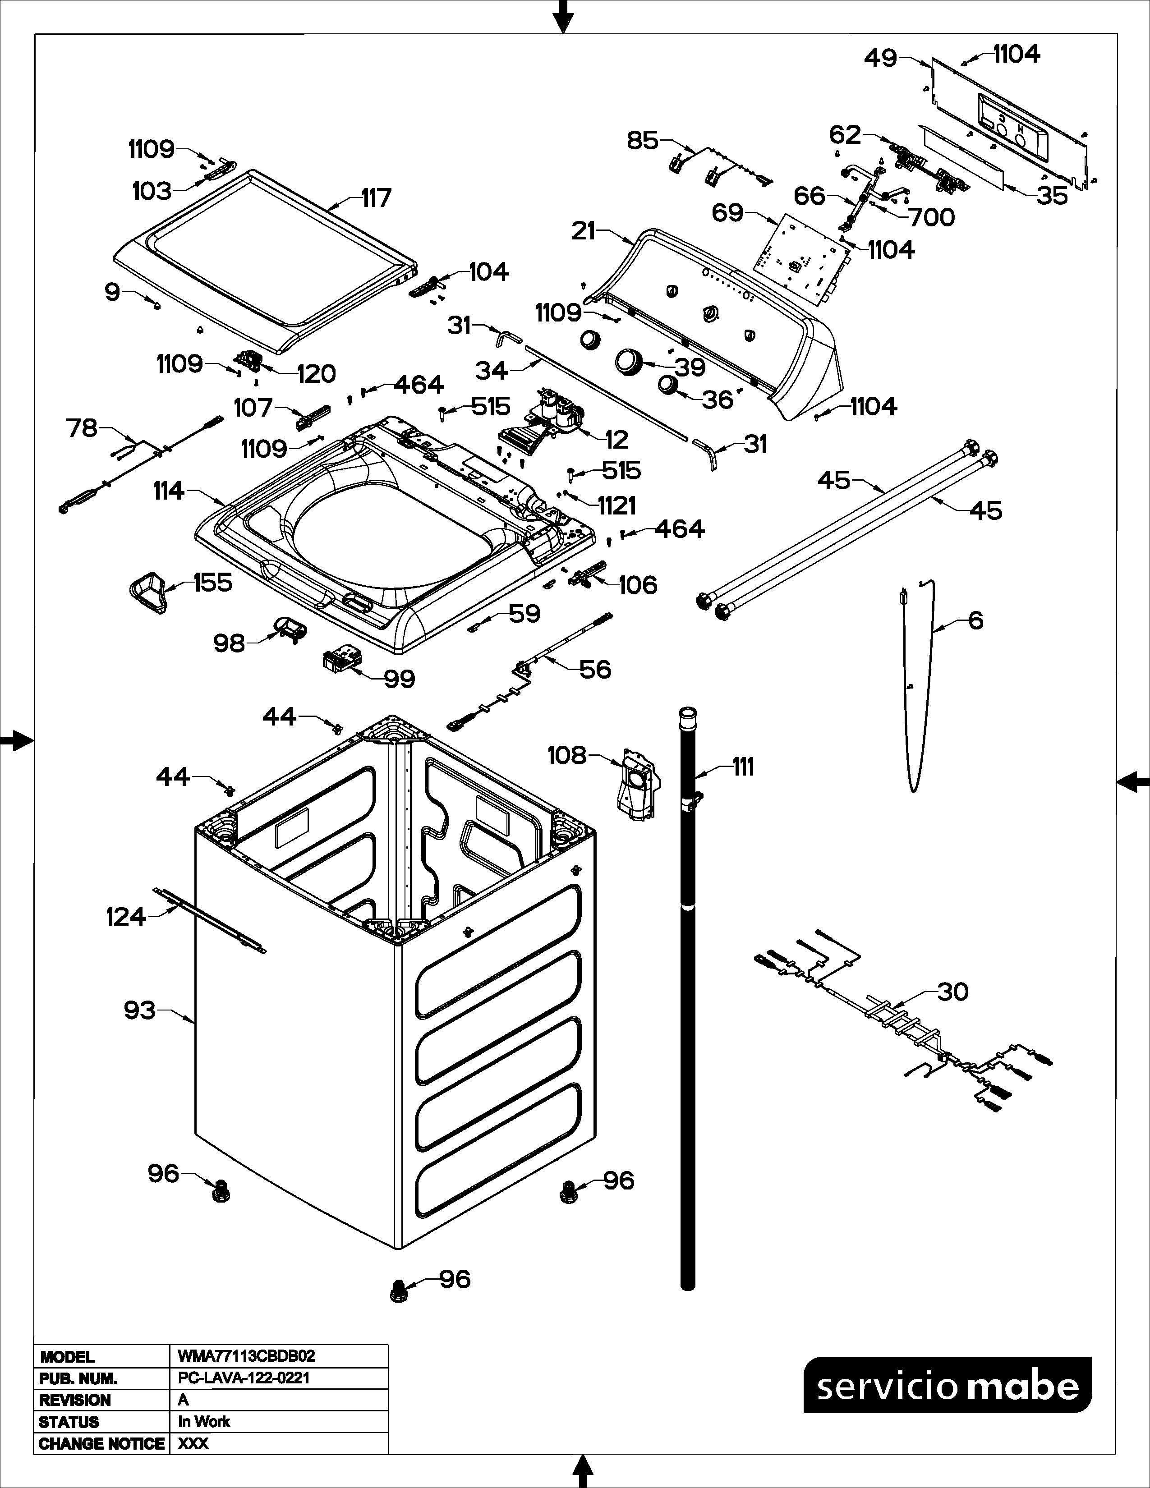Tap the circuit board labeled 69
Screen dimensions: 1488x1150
(800, 256)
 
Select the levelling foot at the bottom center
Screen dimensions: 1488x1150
(397, 1291)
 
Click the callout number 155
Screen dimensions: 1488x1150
(212, 583)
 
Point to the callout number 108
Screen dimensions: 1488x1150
(567, 755)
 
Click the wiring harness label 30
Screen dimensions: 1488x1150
(952, 992)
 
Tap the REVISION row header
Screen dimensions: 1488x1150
(75, 1400)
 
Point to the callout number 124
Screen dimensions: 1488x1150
(126, 917)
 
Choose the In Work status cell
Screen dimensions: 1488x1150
(204, 1421)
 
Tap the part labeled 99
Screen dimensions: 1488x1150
(340, 661)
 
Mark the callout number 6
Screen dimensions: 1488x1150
(975, 621)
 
